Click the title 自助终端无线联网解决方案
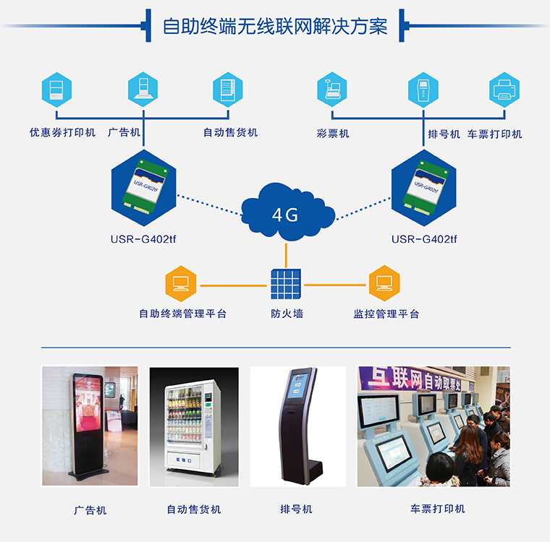tap(275, 27)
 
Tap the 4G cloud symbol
tap(285, 213)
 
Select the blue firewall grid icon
tap(286, 285)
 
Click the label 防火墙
tap(287, 314)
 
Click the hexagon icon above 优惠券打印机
tap(57, 89)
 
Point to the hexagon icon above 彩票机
tap(333, 90)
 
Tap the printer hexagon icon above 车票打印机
tap(504, 90)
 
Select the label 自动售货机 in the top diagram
tap(230, 133)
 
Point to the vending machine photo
tap(193, 426)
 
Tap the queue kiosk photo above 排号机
tap(297, 426)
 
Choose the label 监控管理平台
tap(386, 314)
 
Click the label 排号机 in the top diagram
tap(444, 134)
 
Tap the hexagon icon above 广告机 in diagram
tap(143, 90)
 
